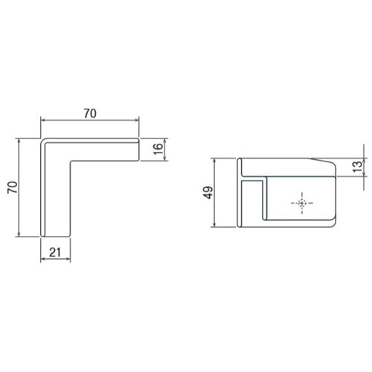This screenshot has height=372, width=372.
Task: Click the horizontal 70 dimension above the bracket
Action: pos(89,114)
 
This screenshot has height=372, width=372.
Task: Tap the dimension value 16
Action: pos(157,149)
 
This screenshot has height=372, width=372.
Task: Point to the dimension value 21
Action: pos(54,251)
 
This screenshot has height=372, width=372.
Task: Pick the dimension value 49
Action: pos(206,193)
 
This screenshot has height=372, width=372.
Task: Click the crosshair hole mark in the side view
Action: pos(301,202)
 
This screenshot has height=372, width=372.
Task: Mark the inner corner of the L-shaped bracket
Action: pos(70,160)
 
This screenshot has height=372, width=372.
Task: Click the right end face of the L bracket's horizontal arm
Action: pos(139,149)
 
